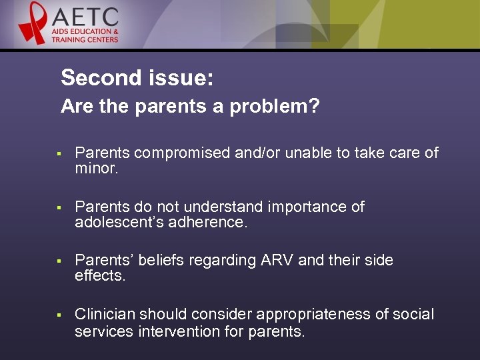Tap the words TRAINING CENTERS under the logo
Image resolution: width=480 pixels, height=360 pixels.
86,39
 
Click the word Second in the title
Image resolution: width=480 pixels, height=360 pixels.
98,78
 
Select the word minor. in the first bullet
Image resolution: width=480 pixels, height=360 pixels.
96,169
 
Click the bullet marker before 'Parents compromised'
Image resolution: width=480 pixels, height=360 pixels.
59,154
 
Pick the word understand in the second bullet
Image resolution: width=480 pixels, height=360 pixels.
219,207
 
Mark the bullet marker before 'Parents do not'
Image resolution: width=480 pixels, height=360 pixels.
59,208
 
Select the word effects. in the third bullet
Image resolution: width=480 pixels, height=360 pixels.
100,276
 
